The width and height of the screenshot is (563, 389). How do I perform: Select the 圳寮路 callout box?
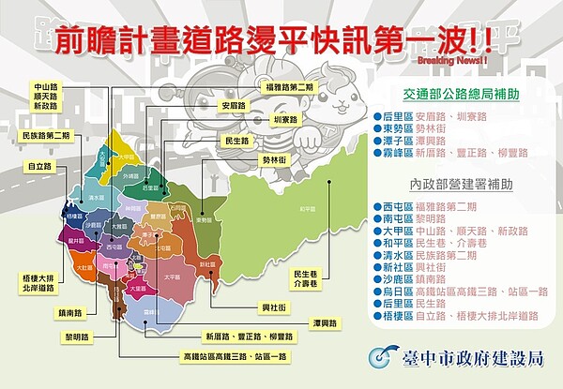283,119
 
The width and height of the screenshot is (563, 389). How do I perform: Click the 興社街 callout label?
272,307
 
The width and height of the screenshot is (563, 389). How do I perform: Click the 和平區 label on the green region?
303,209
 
